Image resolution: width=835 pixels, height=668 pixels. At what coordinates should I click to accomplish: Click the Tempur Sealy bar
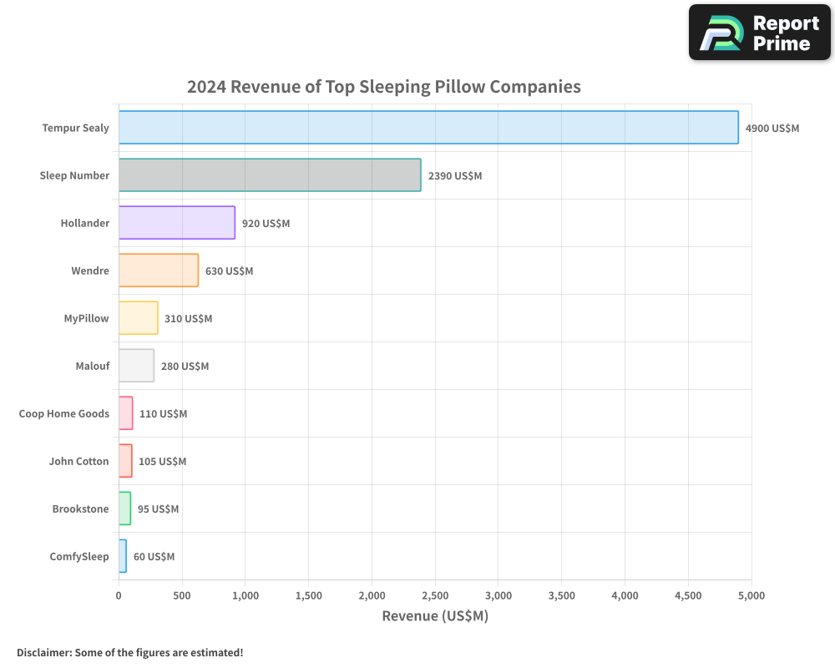click(428, 128)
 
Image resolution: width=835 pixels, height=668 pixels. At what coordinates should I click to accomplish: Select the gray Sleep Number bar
click(270, 175)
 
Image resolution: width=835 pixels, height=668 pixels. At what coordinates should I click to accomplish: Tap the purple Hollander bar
click(177, 223)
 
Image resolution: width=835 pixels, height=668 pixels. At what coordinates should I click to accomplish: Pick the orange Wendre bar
click(159, 271)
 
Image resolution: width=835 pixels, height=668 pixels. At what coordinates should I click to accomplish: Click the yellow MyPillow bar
click(139, 318)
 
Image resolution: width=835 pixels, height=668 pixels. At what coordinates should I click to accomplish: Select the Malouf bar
click(136, 366)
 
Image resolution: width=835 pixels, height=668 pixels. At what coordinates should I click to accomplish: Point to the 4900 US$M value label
click(772, 129)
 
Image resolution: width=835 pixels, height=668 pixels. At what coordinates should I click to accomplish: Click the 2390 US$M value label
click(454, 176)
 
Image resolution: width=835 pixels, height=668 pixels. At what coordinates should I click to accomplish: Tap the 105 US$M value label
click(162, 462)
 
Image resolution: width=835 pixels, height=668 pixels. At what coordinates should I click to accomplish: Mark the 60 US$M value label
click(154, 557)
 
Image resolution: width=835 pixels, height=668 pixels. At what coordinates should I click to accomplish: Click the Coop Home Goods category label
click(64, 413)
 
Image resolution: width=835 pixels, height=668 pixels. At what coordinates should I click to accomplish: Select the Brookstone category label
click(80, 509)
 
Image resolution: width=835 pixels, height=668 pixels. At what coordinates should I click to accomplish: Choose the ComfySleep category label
click(79, 557)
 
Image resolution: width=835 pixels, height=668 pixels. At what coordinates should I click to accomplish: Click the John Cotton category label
click(78, 462)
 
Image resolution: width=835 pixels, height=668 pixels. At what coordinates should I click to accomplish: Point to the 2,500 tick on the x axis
click(435, 595)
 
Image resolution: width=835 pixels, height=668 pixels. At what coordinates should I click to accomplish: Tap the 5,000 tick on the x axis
click(751, 595)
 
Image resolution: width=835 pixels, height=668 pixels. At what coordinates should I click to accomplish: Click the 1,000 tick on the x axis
click(245, 595)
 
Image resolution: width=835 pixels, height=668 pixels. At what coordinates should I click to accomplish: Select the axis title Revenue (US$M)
click(434, 616)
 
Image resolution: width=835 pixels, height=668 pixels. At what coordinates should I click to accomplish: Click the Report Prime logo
click(759, 33)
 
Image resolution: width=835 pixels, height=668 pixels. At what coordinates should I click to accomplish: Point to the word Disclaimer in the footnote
click(43, 653)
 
